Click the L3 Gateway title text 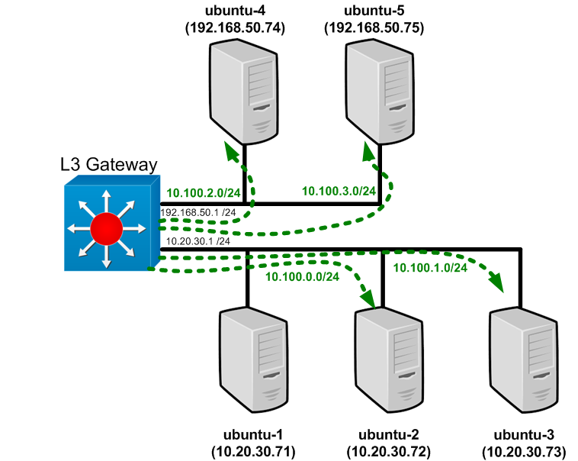(108, 164)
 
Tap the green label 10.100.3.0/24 (339, 190)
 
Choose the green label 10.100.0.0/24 (302, 276)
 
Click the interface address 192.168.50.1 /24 (197, 211)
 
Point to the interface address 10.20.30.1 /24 (197, 241)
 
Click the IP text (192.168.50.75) (374, 27)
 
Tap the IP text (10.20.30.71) (252, 450)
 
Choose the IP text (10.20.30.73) (526, 450)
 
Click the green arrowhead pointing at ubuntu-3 (498, 284)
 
